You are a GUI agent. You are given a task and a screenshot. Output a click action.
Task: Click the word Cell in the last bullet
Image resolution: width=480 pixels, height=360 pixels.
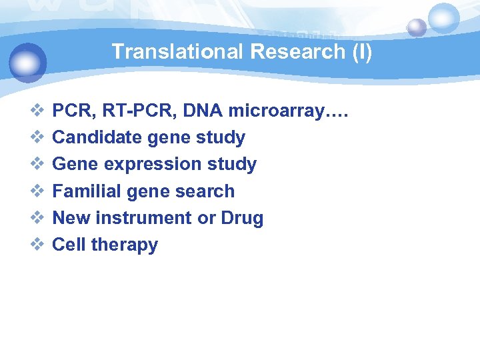tap(69, 245)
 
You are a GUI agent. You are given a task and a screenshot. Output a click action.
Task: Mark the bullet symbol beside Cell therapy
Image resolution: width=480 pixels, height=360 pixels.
tap(37, 244)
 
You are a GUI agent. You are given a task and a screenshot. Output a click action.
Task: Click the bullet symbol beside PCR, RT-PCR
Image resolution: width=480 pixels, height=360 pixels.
tap(37, 110)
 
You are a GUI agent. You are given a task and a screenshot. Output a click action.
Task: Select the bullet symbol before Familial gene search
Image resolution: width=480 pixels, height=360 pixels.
tap(37, 191)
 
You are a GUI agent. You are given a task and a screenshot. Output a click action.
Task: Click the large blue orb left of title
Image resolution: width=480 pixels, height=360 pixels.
tap(28, 61)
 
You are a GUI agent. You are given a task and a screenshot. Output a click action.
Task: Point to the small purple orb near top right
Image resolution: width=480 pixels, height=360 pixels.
tap(417, 27)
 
